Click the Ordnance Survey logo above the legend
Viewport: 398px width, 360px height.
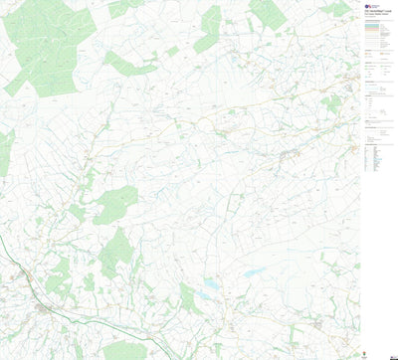pos(368,5)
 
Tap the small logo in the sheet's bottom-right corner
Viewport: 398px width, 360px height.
pos(391,355)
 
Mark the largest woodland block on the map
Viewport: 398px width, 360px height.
pos(45,45)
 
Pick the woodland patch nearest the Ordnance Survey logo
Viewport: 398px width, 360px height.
pos(338,9)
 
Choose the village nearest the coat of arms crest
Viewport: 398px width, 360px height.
pos(316,324)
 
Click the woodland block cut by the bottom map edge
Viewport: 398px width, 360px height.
pos(127,351)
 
